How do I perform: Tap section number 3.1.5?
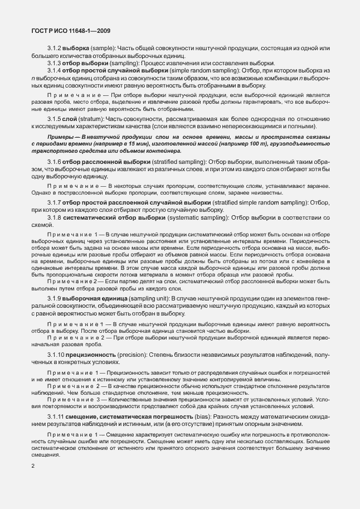tap(54, 119)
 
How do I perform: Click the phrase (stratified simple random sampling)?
tap(260, 202)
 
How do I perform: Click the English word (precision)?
tap(130, 354)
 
